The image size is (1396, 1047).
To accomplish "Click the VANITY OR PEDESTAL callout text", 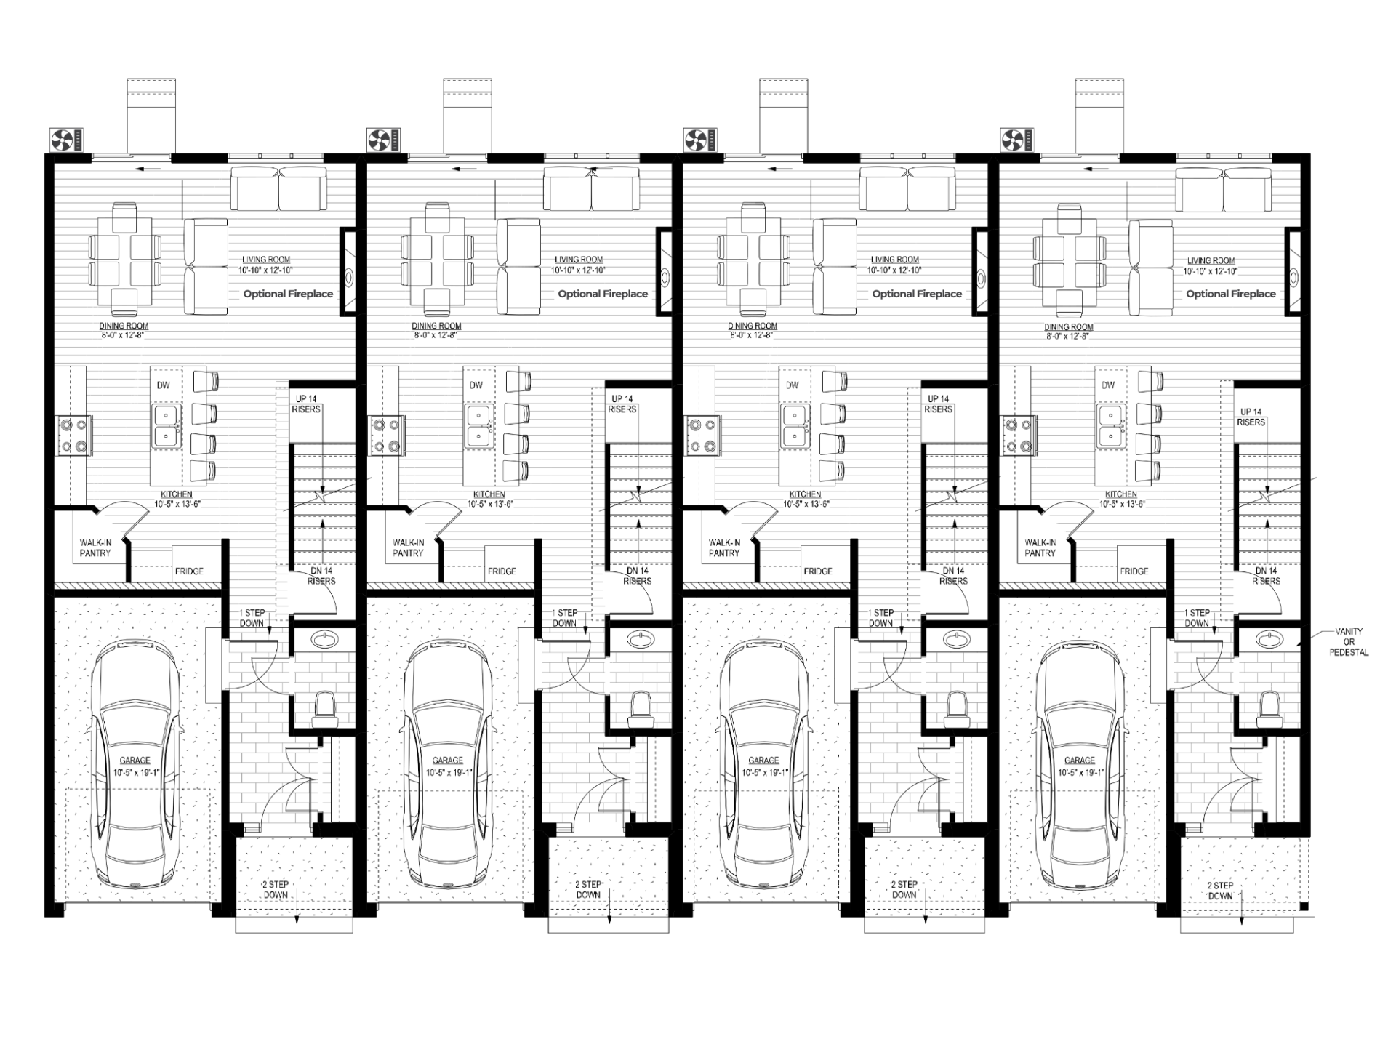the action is tap(1349, 642).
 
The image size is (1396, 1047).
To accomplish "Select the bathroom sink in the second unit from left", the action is tap(641, 640).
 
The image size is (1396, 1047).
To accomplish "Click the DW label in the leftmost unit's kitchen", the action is tap(163, 385).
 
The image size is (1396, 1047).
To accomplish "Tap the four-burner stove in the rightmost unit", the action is tap(1016, 436).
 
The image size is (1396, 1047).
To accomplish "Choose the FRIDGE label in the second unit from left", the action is tap(502, 571).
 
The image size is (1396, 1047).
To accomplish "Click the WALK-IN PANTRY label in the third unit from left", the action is tap(724, 548).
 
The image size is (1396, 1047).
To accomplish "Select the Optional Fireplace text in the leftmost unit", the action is tap(288, 294).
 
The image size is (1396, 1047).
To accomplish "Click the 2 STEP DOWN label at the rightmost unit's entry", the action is tap(1220, 891).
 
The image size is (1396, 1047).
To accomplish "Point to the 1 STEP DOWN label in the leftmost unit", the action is tap(252, 618).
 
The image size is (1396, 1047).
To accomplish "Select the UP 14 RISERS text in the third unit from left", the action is tap(938, 404).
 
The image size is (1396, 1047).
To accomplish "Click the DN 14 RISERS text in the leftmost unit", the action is tap(321, 576).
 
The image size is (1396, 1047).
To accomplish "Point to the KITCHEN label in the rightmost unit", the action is tap(1120, 494).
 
